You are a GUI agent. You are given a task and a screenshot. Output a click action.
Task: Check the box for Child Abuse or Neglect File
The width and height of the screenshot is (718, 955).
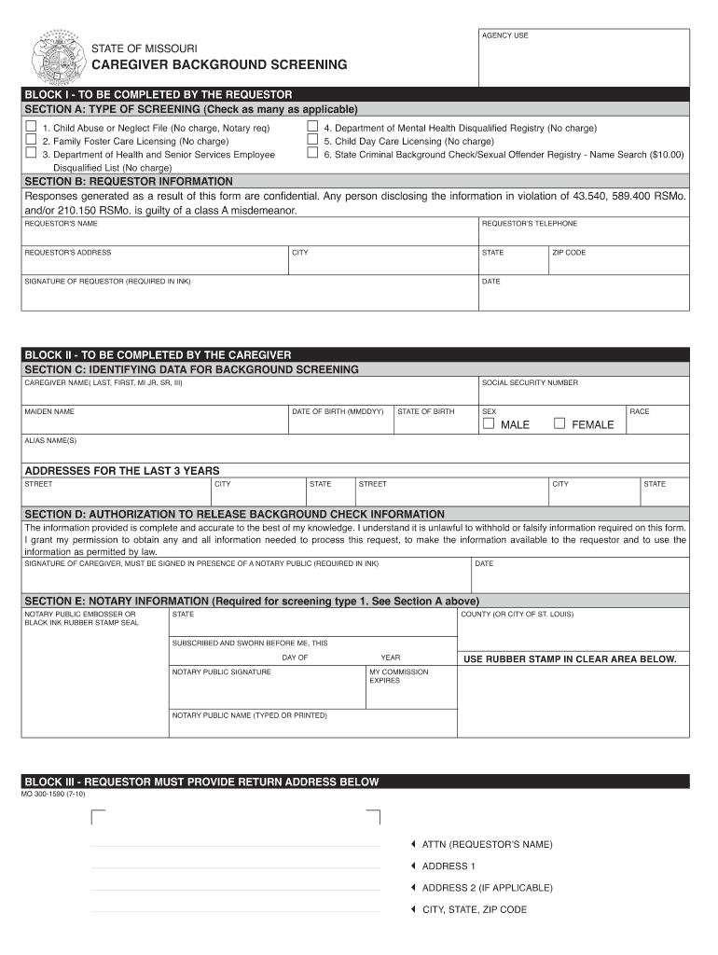(x=31, y=127)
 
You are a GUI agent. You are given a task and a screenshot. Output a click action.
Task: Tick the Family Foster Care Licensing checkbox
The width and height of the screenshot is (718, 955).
(x=31, y=140)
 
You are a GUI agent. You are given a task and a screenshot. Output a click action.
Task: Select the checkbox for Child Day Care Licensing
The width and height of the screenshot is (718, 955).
(x=312, y=140)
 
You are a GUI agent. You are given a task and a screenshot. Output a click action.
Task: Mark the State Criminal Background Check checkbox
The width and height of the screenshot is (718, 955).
(x=312, y=153)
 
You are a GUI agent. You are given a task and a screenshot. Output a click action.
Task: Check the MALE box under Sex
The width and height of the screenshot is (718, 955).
(x=488, y=423)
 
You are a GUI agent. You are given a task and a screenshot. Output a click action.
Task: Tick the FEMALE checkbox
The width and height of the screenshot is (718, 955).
(x=559, y=423)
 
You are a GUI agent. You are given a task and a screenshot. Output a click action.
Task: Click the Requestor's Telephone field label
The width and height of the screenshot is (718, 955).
(x=529, y=224)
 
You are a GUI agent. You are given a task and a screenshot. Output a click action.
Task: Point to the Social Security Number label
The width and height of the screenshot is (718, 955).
(x=529, y=382)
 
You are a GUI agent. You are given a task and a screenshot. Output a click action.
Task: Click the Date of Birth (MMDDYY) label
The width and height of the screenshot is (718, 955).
(x=338, y=411)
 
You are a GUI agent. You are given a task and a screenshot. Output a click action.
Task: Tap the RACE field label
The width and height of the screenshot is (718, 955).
(x=640, y=411)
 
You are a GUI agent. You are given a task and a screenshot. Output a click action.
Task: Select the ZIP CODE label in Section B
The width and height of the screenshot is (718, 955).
(x=569, y=253)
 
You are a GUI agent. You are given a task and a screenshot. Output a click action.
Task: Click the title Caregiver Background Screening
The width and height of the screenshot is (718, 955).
(x=218, y=65)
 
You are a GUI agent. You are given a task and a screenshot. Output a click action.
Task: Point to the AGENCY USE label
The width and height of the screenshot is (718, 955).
(x=504, y=35)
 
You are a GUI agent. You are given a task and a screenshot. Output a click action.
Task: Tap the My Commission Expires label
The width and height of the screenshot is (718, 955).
(x=398, y=676)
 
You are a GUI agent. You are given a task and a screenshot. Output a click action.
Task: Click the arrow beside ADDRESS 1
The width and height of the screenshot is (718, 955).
(x=412, y=865)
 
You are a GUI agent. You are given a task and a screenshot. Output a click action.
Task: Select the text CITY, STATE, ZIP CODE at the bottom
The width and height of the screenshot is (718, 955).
(x=474, y=909)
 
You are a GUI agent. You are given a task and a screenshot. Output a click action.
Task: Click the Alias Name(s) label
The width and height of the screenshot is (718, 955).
(x=50, y=440)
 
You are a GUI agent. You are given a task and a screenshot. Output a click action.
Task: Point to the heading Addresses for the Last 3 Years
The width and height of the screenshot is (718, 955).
(x=121, y=471)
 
